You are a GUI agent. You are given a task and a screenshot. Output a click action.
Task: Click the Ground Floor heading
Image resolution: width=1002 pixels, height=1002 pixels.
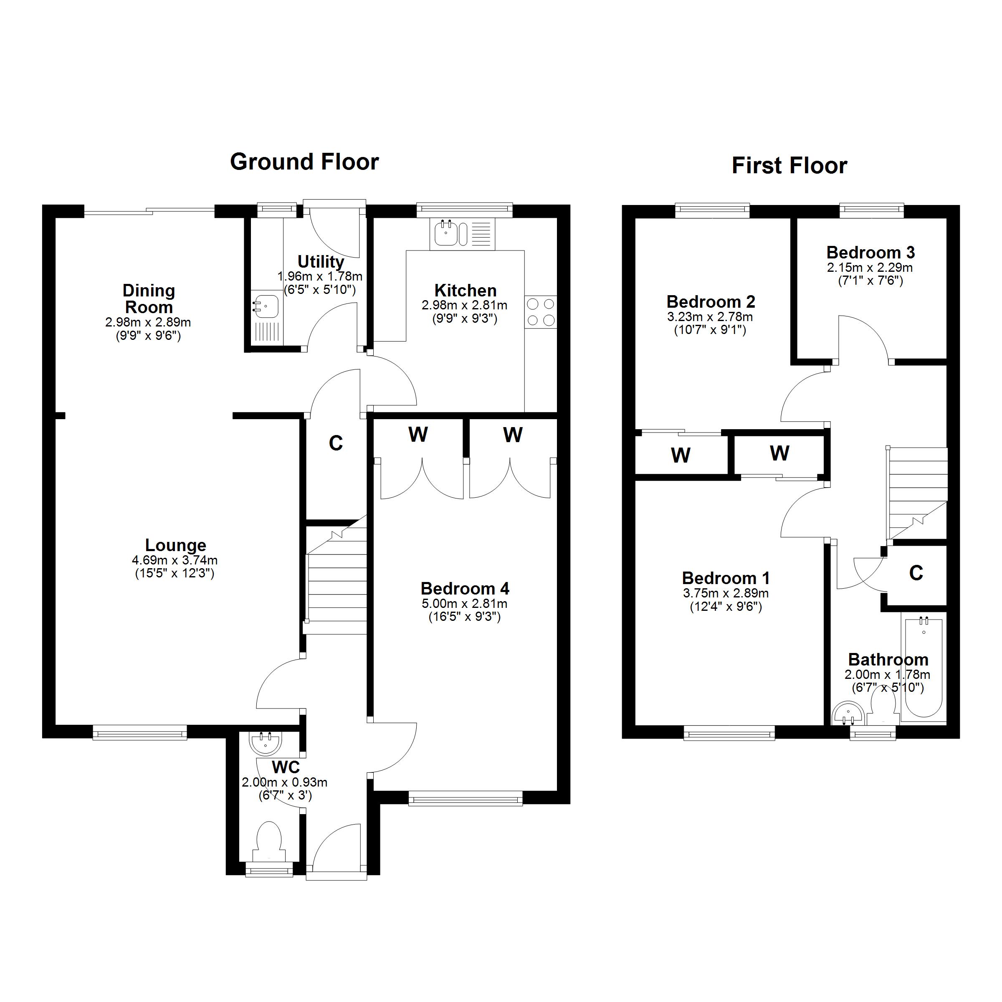(304, 162)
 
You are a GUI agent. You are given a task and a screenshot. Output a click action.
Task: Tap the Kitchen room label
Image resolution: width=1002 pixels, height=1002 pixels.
(465, 291)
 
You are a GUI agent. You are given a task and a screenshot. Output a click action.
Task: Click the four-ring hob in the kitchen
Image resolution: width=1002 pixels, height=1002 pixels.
(540, 312)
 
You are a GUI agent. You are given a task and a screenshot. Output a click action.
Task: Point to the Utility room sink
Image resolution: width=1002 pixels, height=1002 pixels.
(266, 305)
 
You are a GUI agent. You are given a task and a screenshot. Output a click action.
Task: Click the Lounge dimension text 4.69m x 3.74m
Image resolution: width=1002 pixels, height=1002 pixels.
(175, 560)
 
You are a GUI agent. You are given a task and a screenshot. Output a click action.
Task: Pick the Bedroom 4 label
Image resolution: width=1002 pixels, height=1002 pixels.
(465, 589)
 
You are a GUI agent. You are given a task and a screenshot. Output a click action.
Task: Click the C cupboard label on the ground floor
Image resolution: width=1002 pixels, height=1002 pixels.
(336, 443)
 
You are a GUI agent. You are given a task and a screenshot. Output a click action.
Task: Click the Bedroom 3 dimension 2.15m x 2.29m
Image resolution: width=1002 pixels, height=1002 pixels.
(870, 268)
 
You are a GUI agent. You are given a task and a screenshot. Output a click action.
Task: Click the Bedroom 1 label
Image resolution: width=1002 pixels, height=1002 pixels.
(725, 578)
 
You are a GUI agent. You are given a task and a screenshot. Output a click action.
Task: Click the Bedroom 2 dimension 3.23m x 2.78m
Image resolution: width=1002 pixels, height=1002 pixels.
(710, 317)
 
